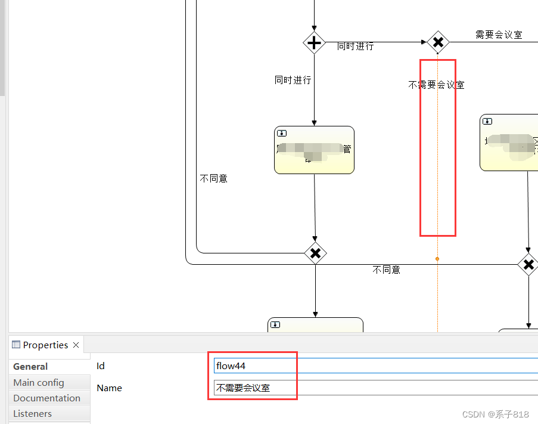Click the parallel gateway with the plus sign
point(314,43)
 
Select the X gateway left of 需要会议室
point(438,42)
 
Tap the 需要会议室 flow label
point(499,35)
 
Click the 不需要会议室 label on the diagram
point(436,85)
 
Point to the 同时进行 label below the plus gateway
point(293,79)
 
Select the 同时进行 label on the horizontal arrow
point(356,46)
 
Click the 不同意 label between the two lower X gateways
point(387,270)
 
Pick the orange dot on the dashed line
point(437,259)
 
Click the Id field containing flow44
point(375,366)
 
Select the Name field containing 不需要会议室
point(375,388)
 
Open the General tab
point(30,367)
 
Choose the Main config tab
point(39,383)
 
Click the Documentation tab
point(46,398)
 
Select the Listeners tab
point(32,414)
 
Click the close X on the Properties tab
point(76,345)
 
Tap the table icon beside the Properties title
point(16,345)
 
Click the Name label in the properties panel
point(109,388)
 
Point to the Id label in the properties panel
point(101,366)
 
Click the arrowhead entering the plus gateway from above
point(314,28)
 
